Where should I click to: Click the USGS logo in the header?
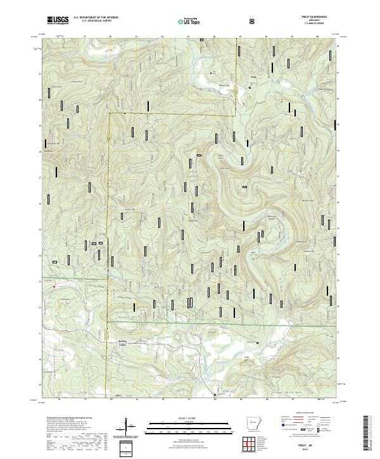pos(58,21)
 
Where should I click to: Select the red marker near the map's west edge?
pos(54,285)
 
